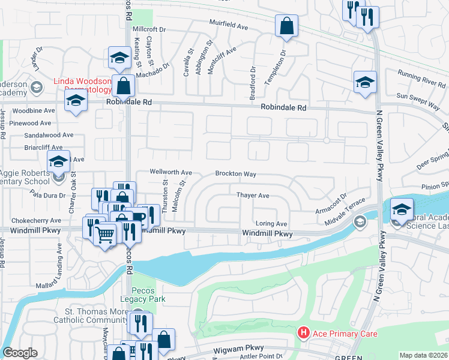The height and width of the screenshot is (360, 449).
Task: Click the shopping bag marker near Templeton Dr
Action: [286, 26]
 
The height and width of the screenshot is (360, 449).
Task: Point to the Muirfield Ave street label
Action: [229, 27]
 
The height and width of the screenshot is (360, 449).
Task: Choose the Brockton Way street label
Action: [236, 174]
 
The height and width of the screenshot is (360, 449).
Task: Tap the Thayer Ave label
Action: [253, 196]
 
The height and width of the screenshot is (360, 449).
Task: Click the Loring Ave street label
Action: [271, 223]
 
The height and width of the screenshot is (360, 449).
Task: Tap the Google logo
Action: [20, 353]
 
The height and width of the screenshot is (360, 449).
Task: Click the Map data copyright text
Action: [424, 355]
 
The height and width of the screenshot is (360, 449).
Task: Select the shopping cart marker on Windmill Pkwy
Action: [105, 235]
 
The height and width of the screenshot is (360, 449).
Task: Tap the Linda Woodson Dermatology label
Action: [82, 85]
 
